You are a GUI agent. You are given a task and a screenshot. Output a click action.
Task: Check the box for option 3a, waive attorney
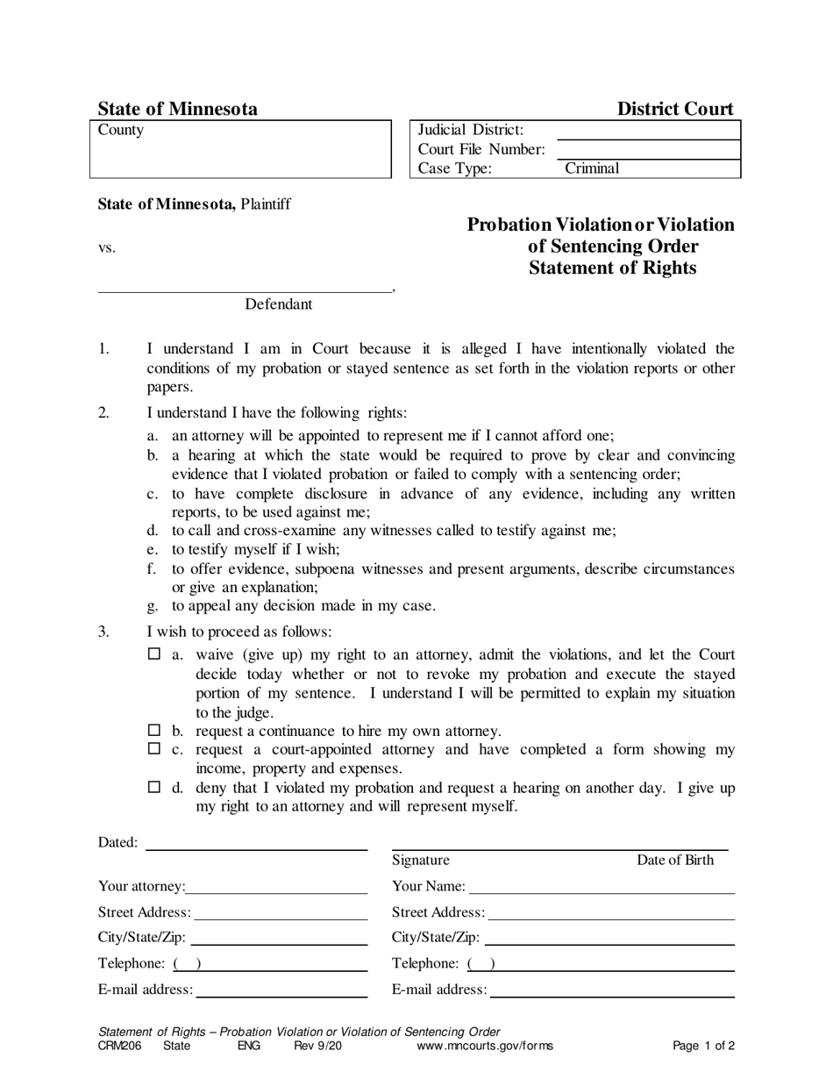point(154,654)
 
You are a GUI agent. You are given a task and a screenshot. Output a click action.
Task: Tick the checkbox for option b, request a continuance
point(154,730)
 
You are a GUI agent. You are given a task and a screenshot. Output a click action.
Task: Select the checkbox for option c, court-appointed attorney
point(154,749)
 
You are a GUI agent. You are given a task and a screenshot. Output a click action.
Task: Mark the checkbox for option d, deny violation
point(154,787)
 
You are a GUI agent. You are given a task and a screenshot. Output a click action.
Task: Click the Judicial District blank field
point(648,131)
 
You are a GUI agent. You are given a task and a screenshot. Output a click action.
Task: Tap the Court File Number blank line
point(648,150)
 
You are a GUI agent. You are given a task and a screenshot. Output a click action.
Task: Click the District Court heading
point(674,109)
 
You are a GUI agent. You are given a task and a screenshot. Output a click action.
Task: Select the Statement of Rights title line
point(612,268)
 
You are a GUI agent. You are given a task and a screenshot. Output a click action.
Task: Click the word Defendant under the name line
point(278,304)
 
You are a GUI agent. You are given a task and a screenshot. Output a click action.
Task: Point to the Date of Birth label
point(674,860)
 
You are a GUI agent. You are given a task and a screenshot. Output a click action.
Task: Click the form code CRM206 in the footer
point(119,1046)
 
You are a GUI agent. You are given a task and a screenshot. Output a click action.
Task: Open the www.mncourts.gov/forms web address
point(484,1046)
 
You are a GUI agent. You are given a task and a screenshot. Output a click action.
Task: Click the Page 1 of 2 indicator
point(703,1046)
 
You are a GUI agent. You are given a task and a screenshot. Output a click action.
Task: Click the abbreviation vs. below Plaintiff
point(106,248)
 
